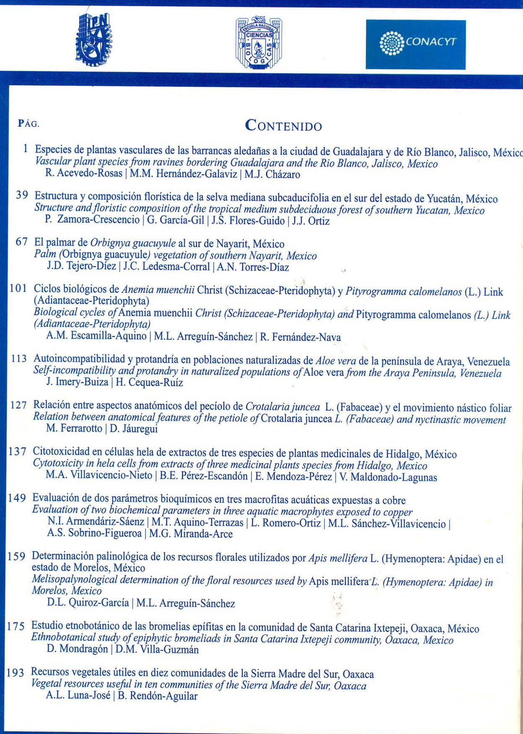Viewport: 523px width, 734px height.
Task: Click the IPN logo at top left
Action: click(94, 39)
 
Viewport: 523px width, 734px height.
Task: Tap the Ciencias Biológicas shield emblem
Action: click(258, 42)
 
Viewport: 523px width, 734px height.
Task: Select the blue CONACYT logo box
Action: click(415, 45)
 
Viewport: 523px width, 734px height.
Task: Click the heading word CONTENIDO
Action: click(284, 126)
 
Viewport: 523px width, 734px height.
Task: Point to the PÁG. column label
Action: click(29, 124)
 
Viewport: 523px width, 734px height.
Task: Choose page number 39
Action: click(22, 195)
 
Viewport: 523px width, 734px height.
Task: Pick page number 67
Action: click(21, 242)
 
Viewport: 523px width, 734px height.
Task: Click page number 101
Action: click(18, 289)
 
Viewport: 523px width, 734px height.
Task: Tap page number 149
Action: click(18, 498)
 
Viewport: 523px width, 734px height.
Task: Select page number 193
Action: click(16, 673)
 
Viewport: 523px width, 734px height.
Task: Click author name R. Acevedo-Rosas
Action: click(83, 174)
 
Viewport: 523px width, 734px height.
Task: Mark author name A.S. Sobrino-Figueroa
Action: click(94, 534)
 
